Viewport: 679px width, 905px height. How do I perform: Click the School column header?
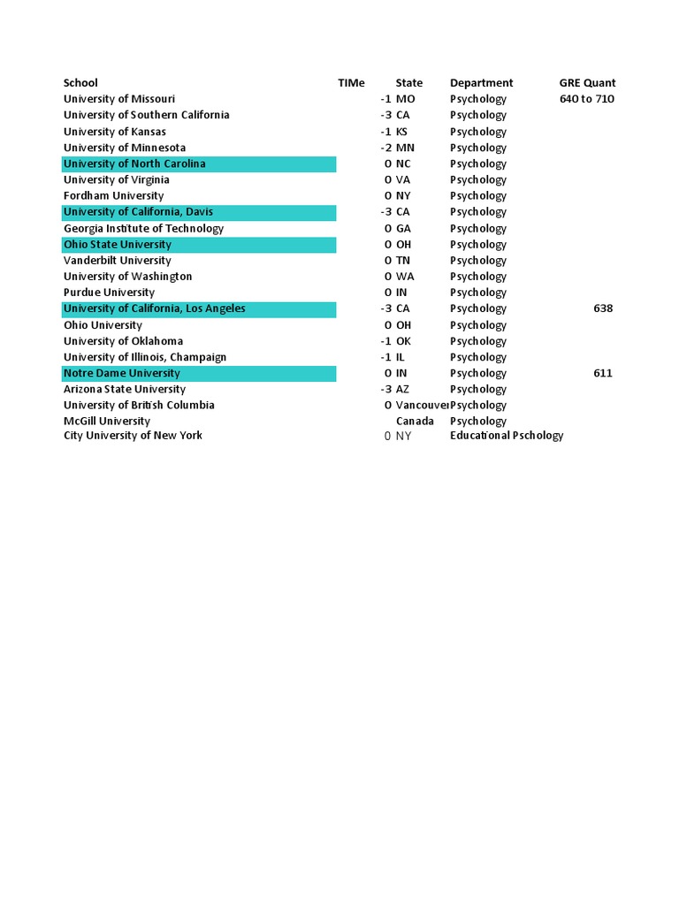[x=80, y=83]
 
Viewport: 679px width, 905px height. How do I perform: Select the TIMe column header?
[x=351, y=83]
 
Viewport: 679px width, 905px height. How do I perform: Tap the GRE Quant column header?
[x=587, y=83]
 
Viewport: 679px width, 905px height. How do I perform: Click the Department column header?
[x=481, y=83]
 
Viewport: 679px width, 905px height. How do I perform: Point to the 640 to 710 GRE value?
[x=587, y=99]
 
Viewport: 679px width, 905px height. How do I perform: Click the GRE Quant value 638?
[x=603, y=308]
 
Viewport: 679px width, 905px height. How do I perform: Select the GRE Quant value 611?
[x=603, y=373]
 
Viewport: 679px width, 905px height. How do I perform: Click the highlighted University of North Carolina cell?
[x=134, y=164]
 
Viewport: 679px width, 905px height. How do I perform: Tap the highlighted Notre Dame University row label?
[x=122, y=373]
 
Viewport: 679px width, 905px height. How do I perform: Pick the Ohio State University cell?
[x=118, y=244]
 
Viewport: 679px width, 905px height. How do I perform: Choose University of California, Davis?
[x=138, y=212]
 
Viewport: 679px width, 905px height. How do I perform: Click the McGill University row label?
[x=107, y=421]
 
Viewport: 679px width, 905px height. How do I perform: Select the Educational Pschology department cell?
[x=506, y=435]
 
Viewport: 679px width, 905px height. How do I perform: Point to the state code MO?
[x=405, y=99]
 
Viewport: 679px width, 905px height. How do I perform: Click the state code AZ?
[x=402, y=389]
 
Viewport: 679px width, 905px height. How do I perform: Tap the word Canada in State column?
[x=415, y=421]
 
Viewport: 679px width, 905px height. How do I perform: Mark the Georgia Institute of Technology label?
[x=143, y=228]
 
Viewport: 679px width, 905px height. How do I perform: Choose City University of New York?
[x=133, y=435]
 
